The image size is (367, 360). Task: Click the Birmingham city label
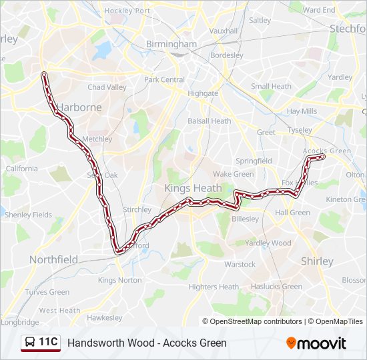171,44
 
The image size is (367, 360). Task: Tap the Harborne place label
79,107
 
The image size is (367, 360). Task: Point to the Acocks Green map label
326,151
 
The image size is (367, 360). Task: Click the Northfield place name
53,259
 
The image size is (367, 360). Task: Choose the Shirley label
317,261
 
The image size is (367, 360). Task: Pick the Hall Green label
292,213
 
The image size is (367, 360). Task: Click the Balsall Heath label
209,121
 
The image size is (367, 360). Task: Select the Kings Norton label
116,280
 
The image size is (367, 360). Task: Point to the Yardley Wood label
268,243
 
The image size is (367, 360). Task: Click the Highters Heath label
214,287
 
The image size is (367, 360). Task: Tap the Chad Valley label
107,87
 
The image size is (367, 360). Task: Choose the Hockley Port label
127,11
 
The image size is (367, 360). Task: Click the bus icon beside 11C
30,343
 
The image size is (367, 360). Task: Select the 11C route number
49,343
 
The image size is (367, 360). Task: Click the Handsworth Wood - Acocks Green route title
147,343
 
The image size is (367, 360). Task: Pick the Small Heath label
271,86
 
